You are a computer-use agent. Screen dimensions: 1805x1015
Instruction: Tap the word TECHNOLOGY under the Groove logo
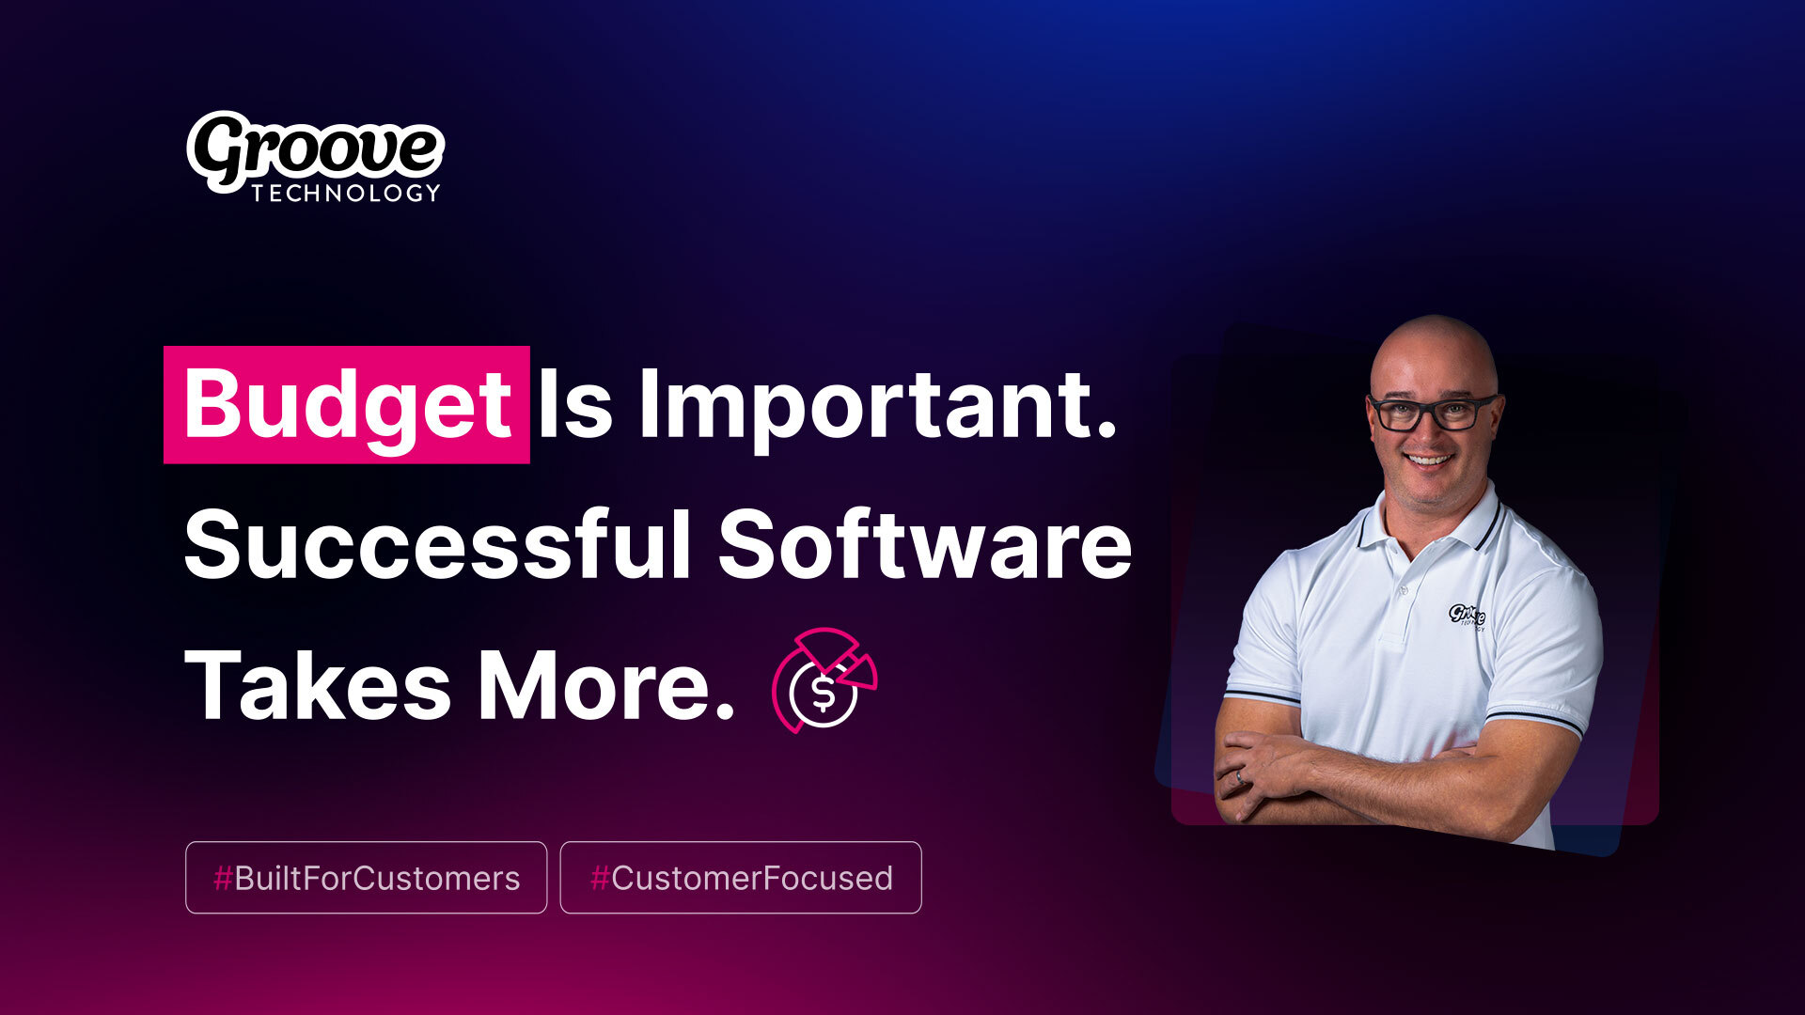pyautogui.click(x=346, y=193)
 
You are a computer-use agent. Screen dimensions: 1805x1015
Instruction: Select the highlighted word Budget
pyautogui.click(x=347, y=405)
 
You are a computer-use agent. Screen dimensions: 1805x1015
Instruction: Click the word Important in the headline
pyautogui.click(x=878, y=405)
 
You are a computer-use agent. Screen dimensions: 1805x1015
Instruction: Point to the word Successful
pyautogui.click(x=438, y=545)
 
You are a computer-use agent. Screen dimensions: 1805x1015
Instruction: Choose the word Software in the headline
pyautogui.click(x=925, y=545)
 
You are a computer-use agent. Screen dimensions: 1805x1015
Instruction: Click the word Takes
pyautogui.click(x=318, y=685)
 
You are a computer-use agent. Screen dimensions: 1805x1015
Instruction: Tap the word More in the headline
pyautogui.click(x=606, y=685)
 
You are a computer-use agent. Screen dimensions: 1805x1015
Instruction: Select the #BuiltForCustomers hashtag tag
pyautogui.click(x=367, y=878)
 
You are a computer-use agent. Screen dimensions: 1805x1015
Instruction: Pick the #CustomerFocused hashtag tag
pyautogui.click(x=741, y=878)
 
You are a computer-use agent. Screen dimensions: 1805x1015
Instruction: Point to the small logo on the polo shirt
pyautogui.click(x=1467, y=617)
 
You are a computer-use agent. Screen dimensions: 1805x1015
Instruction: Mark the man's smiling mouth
pyautogui.click(x=1429, y=461)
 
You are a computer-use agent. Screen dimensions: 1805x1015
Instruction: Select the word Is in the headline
pyautogui.click(x=575, y=405)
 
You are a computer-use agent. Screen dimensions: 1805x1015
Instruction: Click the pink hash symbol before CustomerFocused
pyautogui.click(x=599, y=879)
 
